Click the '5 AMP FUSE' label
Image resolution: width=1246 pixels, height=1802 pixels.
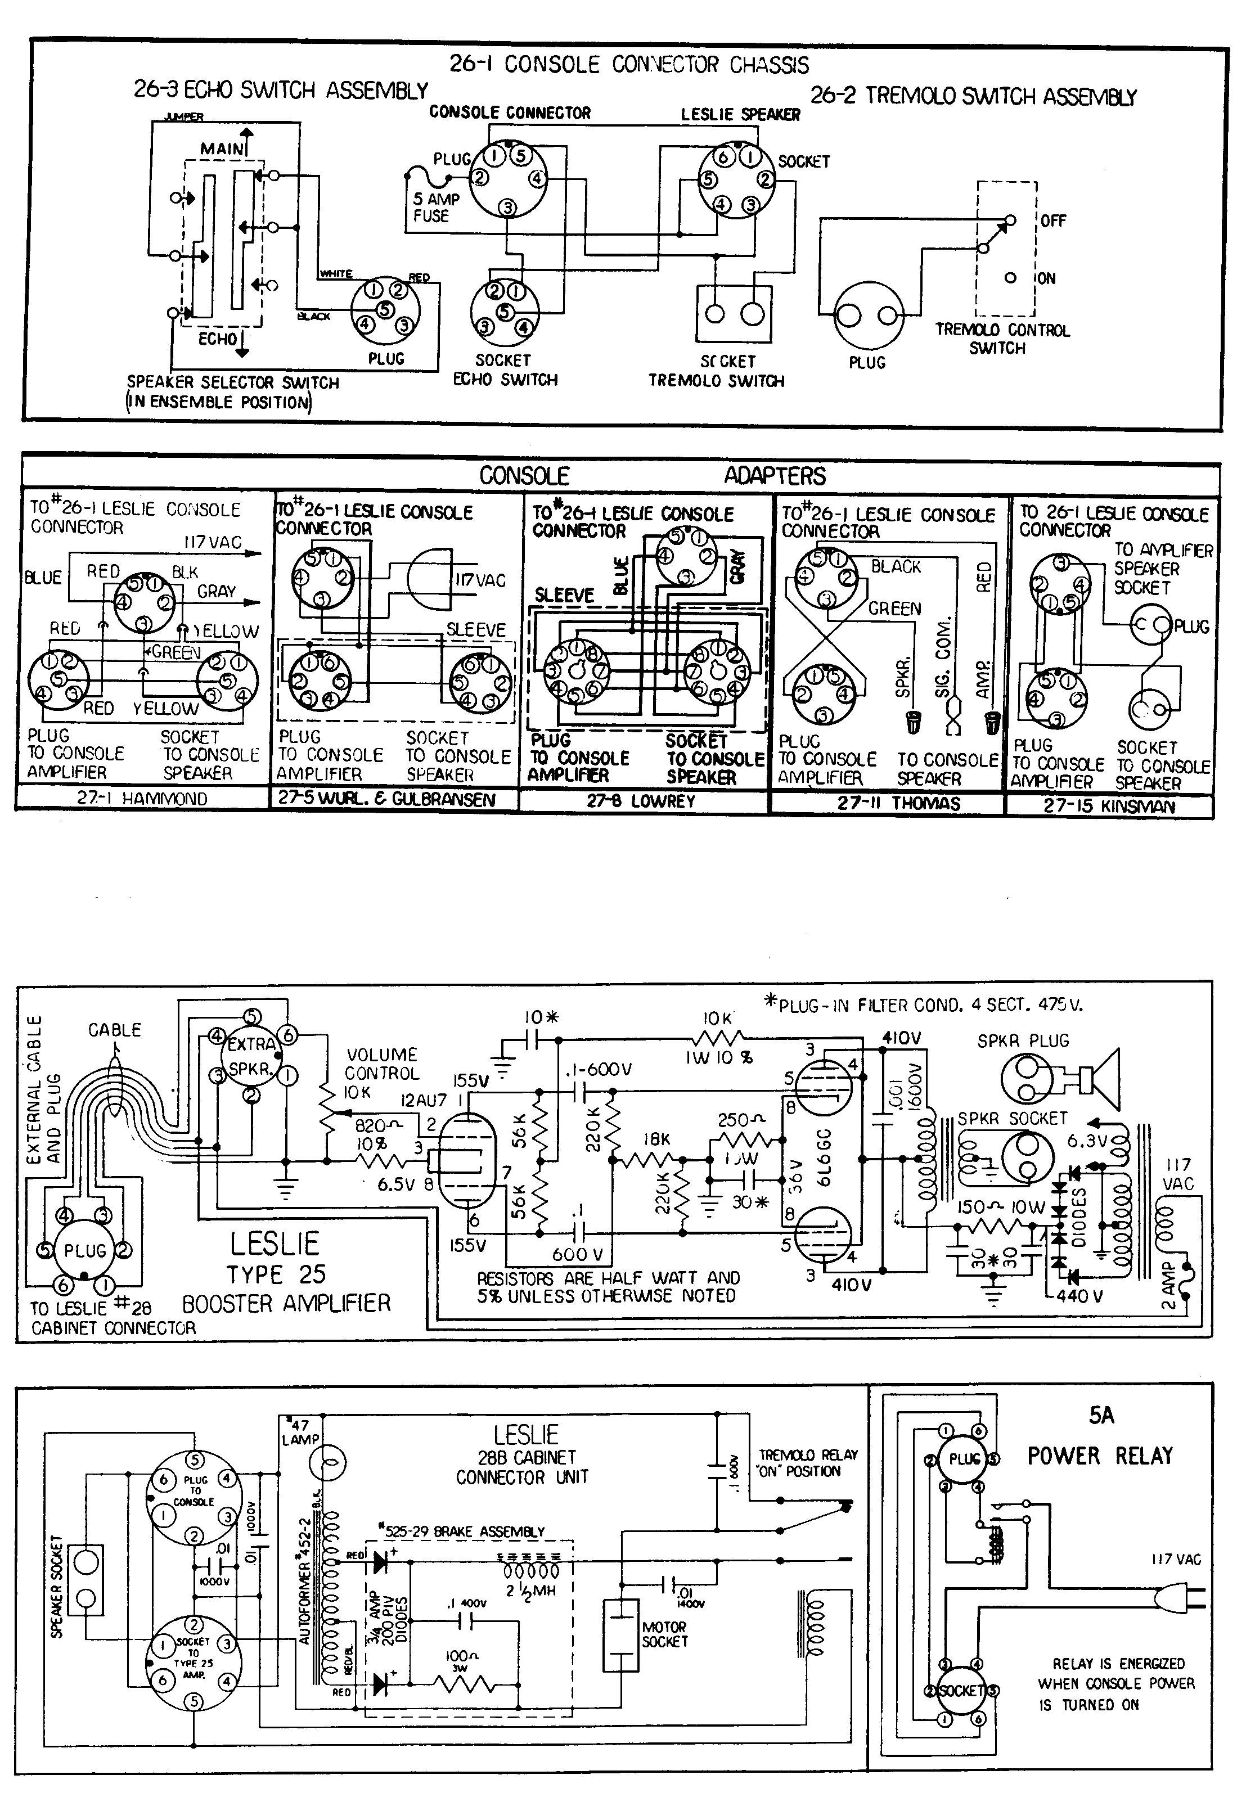[435, 207]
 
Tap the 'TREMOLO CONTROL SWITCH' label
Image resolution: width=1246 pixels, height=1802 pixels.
[1002, 339]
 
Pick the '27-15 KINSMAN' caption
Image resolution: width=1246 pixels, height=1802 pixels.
[1109, 806]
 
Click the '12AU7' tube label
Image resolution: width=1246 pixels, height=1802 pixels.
[423, 1101]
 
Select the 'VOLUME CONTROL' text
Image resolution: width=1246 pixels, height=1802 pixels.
[382, 1064]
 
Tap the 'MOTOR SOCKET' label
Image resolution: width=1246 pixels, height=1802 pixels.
[664, 1634]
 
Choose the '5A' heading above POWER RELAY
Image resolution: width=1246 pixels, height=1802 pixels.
[1101, 1415]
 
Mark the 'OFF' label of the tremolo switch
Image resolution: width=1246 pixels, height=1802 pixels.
[1052, 221]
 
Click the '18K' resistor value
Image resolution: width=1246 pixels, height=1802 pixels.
[656, 1139]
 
